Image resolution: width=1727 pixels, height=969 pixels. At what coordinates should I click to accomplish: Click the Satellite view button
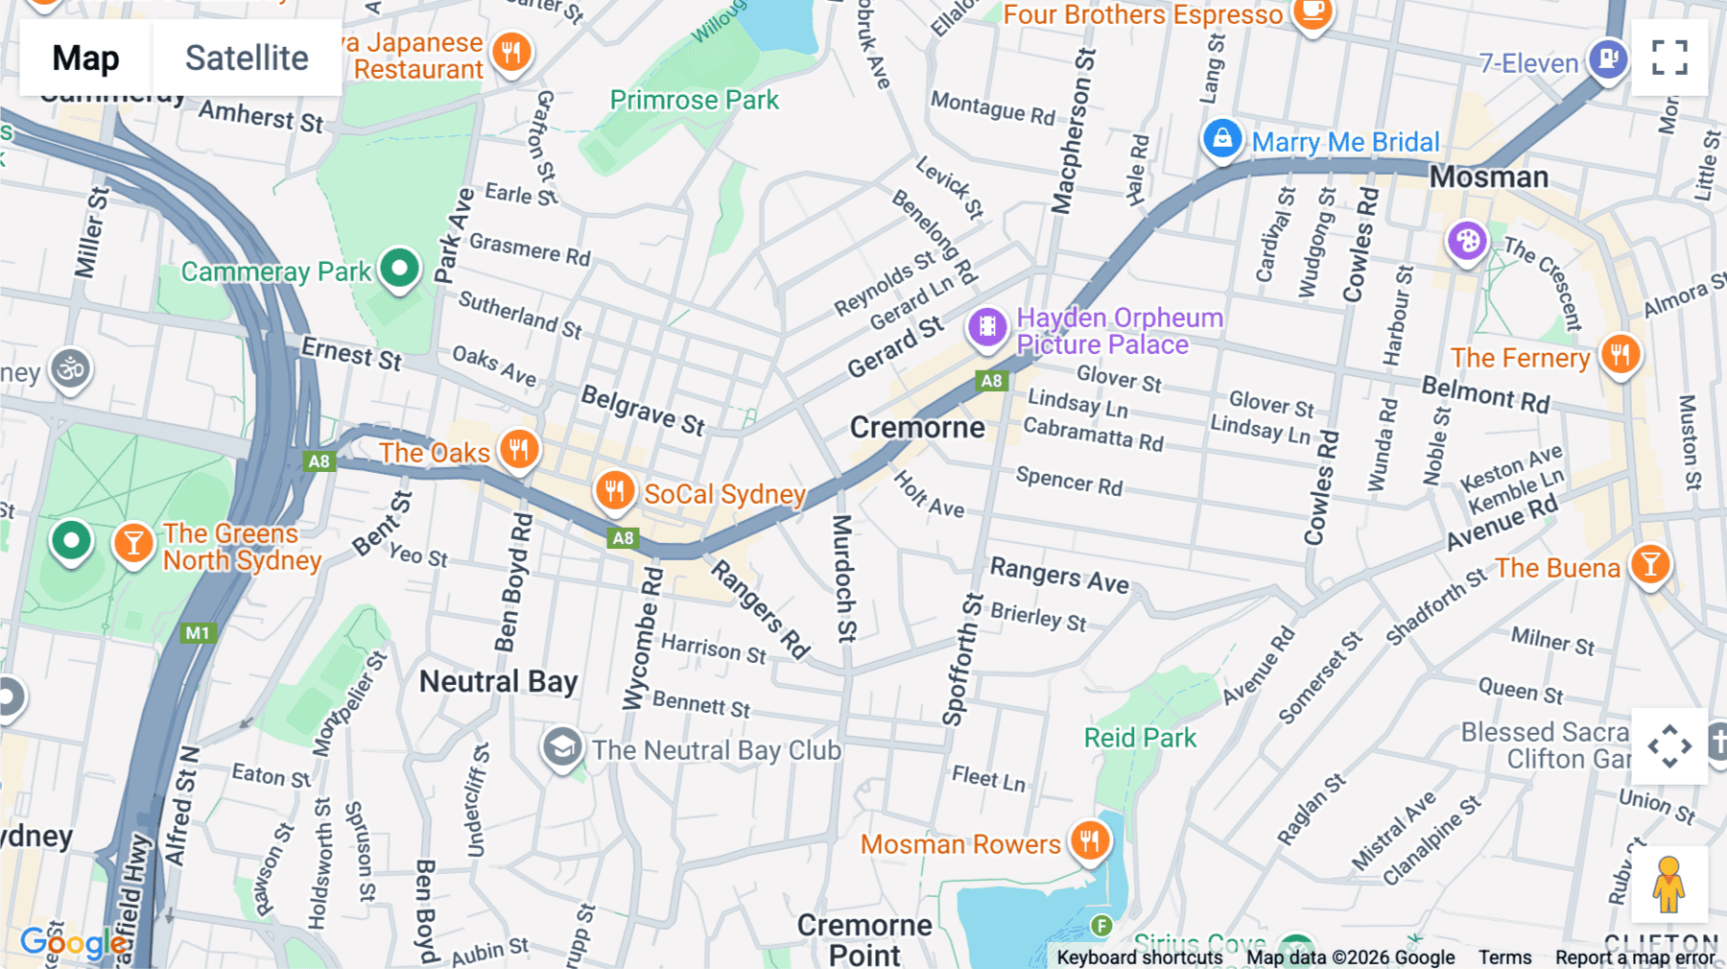click(247, 58)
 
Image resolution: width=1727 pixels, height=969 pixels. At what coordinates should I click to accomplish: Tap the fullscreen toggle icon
click(1669, 58)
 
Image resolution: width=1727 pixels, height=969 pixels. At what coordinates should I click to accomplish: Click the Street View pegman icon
click(1668, 885)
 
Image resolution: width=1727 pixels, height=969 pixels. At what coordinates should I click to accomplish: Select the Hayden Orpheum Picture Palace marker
click(987, 327)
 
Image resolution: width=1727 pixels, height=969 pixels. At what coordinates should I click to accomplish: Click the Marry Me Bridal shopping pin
click(1222, 139)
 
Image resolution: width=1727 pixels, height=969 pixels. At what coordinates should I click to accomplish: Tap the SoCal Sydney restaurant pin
click(614, 490)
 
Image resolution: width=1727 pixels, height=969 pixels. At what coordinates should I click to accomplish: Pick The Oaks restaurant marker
click(519, 448)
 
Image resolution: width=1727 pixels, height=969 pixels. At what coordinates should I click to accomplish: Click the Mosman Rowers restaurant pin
click(1089, 841)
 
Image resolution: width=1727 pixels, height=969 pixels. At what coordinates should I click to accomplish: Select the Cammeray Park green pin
click(399, 269)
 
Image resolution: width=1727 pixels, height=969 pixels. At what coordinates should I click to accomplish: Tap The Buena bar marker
click(1650, 564)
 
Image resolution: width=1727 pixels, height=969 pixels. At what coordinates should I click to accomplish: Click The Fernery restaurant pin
click(1621, 354)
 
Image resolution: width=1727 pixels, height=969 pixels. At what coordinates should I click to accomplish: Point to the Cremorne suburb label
click(917, 428)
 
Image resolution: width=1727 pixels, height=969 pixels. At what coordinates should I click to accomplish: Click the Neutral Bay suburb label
click(498, 682)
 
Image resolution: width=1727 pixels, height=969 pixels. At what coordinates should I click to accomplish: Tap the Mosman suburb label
click(1488, 177)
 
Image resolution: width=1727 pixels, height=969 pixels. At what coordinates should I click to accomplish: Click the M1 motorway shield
click(198, 633)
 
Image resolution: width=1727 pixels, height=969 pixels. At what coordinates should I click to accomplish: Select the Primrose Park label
click(694, 100)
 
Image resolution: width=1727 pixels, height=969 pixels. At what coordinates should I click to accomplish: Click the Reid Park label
click(1140, 738)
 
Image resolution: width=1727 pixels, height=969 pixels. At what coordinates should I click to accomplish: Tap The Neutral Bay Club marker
click(562, 747)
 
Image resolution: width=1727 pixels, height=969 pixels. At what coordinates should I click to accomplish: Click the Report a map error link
click(1635, 957)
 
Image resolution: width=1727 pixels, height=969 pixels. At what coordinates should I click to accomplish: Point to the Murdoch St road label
click(843, 579)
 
